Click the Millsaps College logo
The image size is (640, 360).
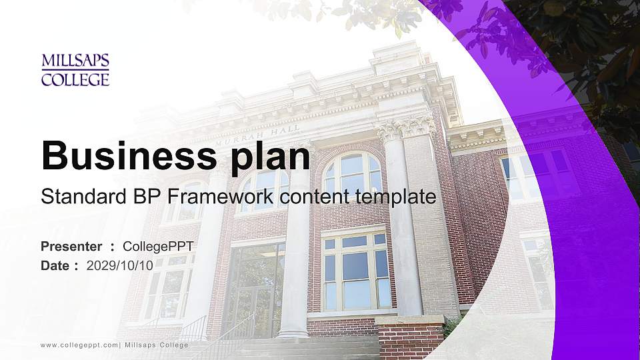click(75, 70)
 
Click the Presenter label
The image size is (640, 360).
click(71, 247)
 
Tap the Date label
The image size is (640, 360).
click(55, 265)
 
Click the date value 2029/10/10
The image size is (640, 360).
click(120, 265)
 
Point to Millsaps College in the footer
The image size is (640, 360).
click(157, 345)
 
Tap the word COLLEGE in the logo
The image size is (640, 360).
click(75, 80)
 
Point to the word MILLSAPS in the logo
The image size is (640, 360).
click(75, 61)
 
